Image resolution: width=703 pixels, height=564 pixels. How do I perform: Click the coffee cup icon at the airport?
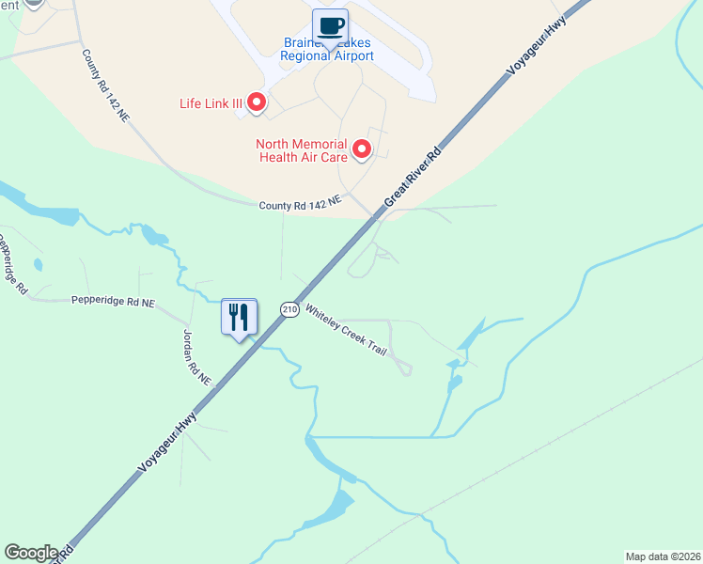point(330,26)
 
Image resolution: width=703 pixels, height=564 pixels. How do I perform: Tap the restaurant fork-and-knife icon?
point(239,316)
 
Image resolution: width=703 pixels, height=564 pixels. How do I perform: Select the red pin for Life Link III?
point(256,102)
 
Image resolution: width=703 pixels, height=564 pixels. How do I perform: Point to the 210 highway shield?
point(289,309)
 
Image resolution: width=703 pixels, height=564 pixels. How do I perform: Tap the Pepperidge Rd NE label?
point(113,302)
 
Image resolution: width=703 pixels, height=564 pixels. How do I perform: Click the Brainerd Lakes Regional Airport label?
point(327,50)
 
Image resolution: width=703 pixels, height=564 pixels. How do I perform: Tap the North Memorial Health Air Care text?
point(301,150)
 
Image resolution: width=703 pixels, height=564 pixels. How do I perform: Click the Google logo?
point(31,553)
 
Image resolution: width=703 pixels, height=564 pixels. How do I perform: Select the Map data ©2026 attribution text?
point(663,556)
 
